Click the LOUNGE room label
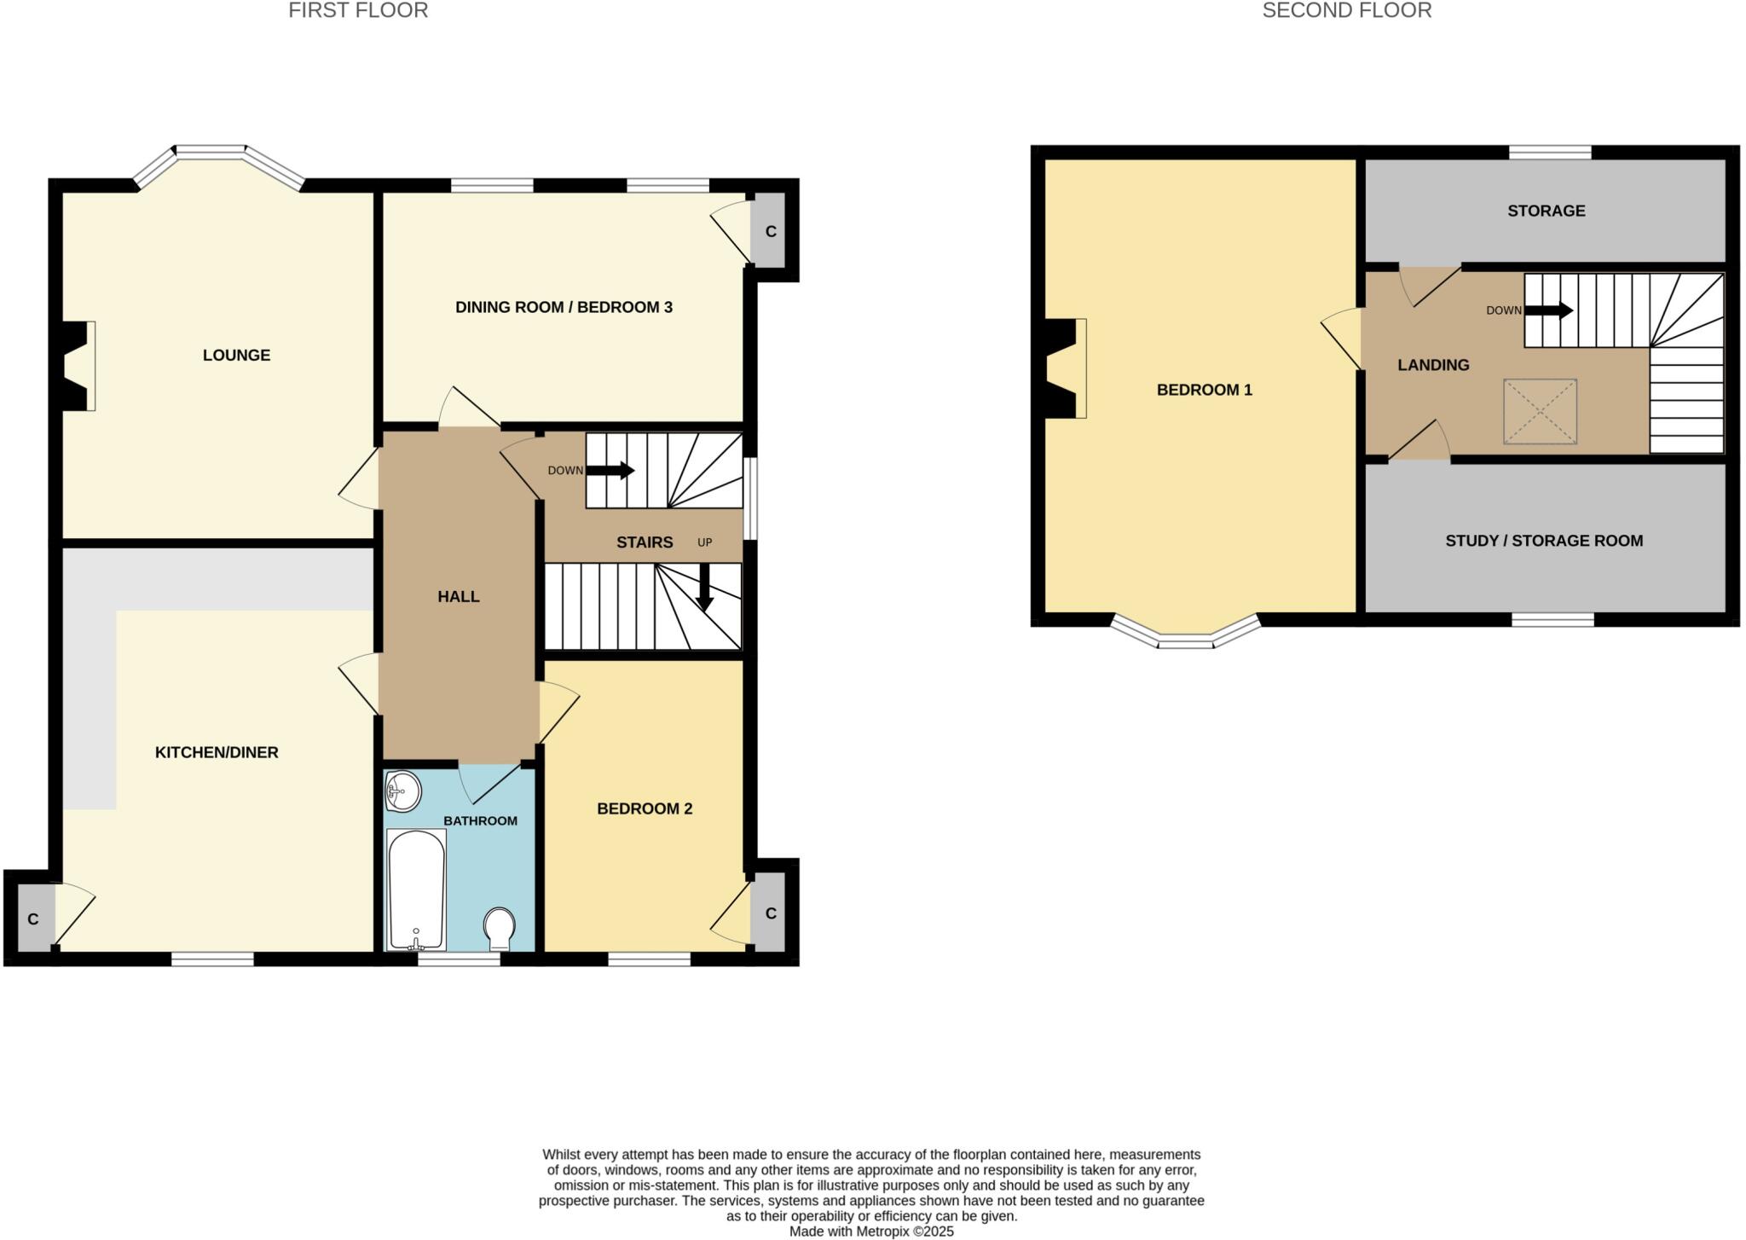click(236, 355)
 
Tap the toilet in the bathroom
click(499, 928)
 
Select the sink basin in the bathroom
click(402, 791)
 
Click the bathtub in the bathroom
click(416, 889)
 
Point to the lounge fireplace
click(79, 366)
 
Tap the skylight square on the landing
click(1540, 412)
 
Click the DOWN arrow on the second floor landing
click(1548, 310)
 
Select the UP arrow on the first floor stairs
click(704, 588)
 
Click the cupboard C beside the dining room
click(771, 231)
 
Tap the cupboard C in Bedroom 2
click(771, 913)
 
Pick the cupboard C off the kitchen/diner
click(33, 918)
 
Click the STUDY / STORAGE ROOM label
click(1544, 541)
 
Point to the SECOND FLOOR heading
click(1346, 11)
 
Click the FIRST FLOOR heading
click(358, 11)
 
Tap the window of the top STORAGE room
click(1549, 153)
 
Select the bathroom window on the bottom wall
click(459, 959)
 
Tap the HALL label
click(459, 596)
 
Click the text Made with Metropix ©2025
click(870, 1231)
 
